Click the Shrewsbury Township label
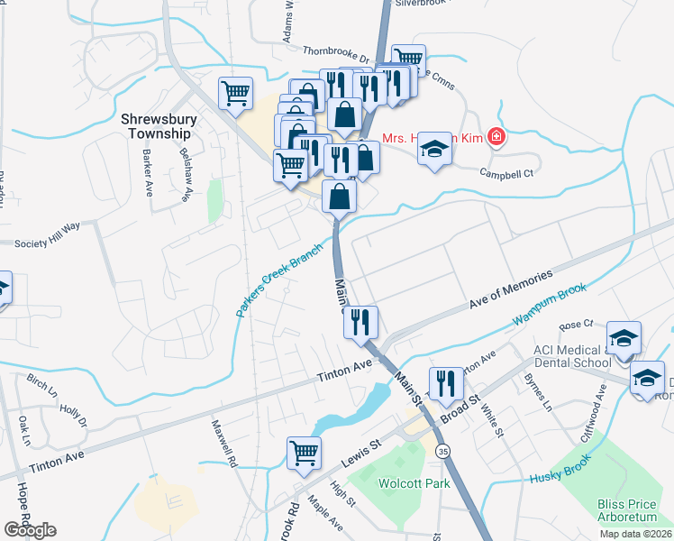157,125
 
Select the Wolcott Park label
413,484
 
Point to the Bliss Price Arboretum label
633,510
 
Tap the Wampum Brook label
550,306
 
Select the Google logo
30,530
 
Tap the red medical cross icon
495,137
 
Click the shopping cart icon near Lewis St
305,453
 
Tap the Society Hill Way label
47,243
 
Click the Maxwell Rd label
223,442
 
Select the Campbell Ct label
507,172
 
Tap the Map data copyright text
635,534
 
